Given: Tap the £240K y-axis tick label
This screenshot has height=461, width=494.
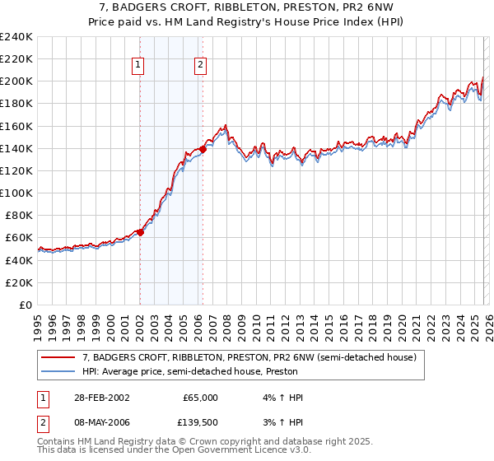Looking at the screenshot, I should click(x=16, y=37).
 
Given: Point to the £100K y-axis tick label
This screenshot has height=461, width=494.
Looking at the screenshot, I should click(x=16, y=193).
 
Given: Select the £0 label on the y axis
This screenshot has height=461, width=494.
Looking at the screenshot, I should click(x=25, y=305).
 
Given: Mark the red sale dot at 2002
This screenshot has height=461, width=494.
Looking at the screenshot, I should click(x=140, y=232).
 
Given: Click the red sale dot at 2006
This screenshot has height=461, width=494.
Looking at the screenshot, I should click(x=203, y=149).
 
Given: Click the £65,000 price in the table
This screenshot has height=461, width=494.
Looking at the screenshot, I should click(x=200, y=398).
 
